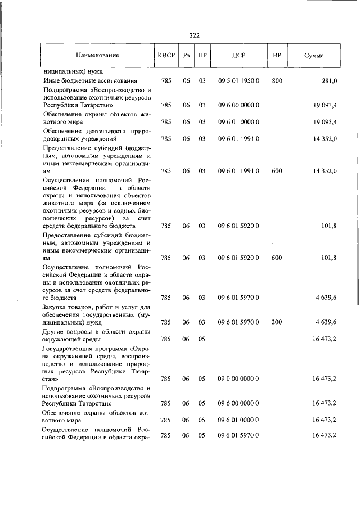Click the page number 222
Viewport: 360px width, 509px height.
coord(195,35)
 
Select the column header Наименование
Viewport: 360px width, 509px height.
coord(98,56)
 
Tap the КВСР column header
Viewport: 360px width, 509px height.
coord(166,56)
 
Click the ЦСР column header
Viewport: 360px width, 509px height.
coord(238,56)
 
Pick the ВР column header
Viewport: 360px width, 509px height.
coord(277,56)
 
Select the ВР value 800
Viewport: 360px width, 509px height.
coord(277,81)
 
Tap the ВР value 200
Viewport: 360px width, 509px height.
coord(277,322)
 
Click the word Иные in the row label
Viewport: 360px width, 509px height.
coord(52,81)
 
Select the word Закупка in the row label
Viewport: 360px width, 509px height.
coord(57,307)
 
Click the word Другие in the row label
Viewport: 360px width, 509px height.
coord(55,331)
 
